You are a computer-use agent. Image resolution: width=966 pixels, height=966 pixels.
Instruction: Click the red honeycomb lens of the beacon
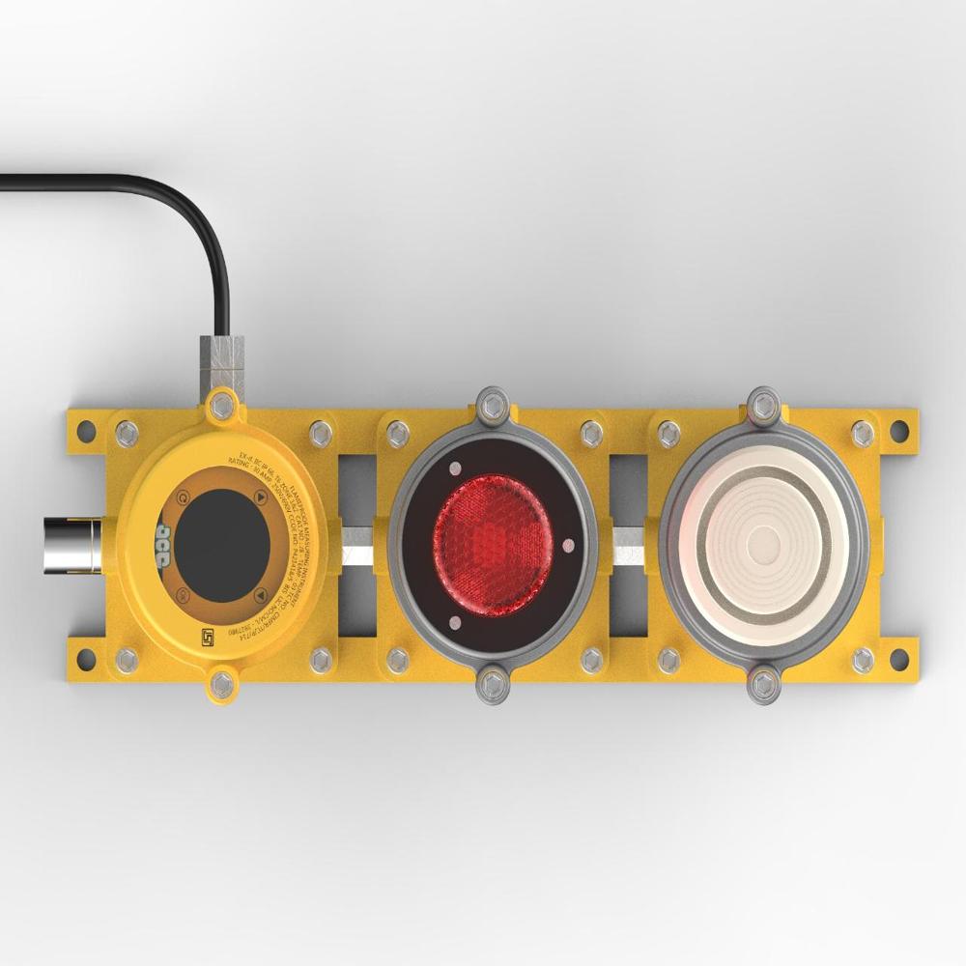point(493,545)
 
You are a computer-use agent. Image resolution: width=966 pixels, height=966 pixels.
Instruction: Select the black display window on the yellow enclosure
point(221,545)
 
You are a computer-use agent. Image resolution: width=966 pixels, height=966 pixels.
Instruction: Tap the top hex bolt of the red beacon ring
point(492,403)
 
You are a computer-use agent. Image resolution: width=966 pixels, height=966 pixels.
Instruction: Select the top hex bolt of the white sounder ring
point(764,403)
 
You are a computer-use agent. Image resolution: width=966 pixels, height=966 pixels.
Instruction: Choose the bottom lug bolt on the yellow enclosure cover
point(222,684)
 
